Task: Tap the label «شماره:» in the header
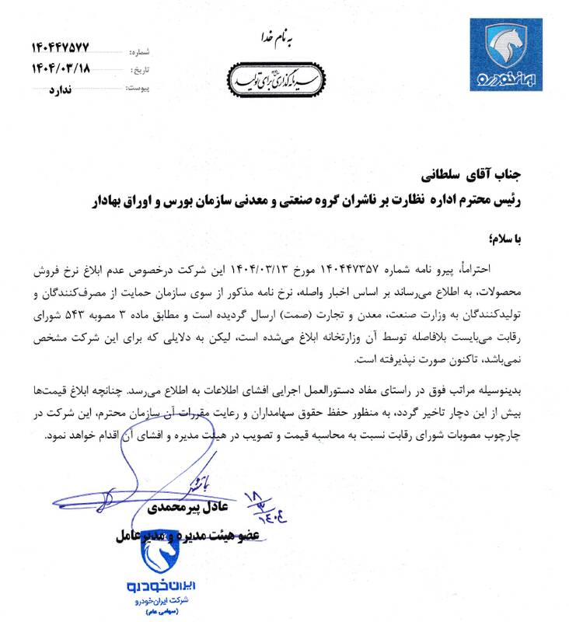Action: coord(128,53)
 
